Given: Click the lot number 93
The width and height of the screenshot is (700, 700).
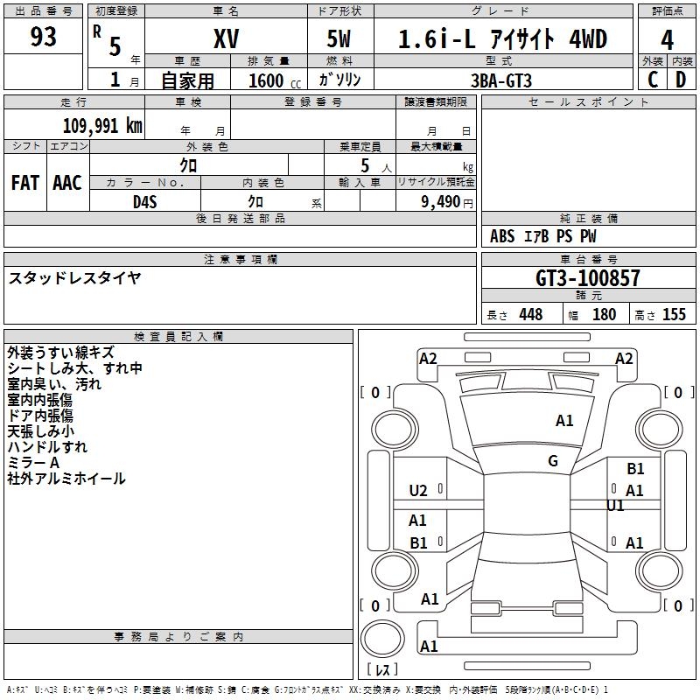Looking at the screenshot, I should click(44, 38).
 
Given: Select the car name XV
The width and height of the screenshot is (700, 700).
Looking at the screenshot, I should click(226, 39).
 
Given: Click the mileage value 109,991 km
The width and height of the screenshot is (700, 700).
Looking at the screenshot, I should click(102, 126).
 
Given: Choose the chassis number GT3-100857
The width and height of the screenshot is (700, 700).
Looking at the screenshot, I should click(588, 278).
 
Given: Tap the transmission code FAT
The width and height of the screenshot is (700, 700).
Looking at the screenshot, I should click(25, 182).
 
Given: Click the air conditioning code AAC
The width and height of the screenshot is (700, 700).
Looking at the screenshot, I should click(67, 182).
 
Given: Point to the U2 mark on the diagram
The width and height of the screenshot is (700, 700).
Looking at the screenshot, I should click(418, 491).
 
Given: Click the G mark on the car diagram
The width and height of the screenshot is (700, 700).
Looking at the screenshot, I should click(553, 461).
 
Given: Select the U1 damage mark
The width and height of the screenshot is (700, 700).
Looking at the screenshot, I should click(615, 506).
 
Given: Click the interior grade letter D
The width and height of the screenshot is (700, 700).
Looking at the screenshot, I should click(680, 79).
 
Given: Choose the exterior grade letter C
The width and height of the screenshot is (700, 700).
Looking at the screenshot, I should click(652, 79).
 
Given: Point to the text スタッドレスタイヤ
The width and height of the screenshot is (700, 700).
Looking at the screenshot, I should click(74, 278).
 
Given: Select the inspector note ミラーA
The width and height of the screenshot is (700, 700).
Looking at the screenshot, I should click(32, 463).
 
